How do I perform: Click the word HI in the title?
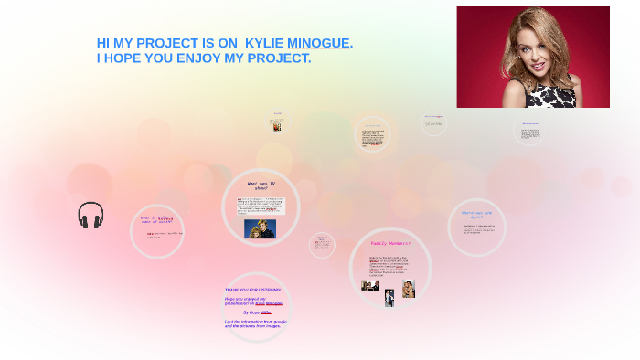click(103, 43)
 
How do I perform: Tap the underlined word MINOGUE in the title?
click(318, 43)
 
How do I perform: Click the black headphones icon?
click(91, 216)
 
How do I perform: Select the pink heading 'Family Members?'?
click(390, 243)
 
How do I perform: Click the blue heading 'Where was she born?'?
click(476, 215)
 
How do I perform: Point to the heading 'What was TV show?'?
click(261, 185)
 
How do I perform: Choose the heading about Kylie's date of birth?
click(156, 218)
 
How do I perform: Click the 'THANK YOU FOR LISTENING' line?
click(253, 290)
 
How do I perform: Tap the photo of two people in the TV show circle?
click(260, 228)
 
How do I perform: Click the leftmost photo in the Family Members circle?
click(370, 285)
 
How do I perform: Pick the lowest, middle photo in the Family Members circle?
click(389, 297)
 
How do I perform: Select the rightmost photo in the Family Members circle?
click(409, 289)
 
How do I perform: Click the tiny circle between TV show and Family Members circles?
click(322, 244)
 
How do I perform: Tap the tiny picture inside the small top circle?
click(278, 125)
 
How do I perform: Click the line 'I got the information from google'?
click(255, 321)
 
